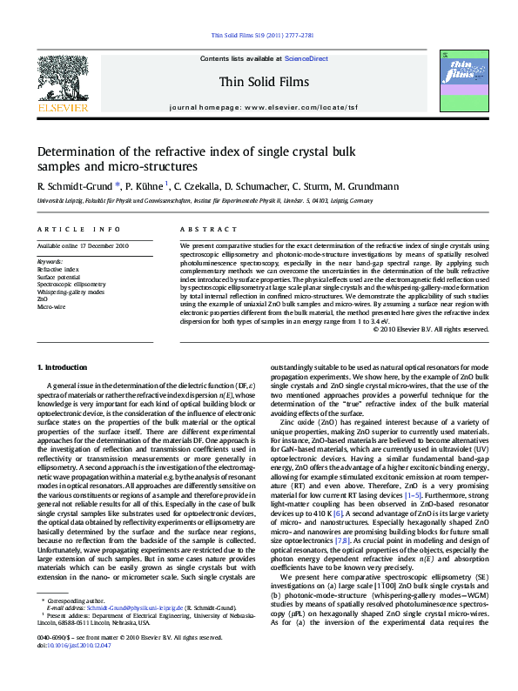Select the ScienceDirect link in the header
tap(306, 57)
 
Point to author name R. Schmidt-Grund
tap(73, 185)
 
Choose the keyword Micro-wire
tap(50, 307)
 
